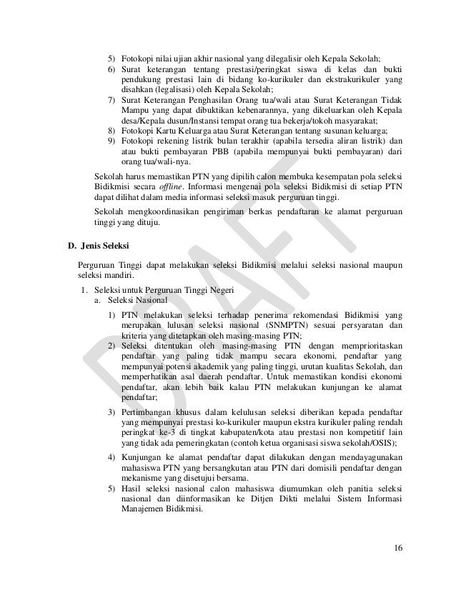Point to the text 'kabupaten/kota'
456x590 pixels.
click(247, 432)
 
